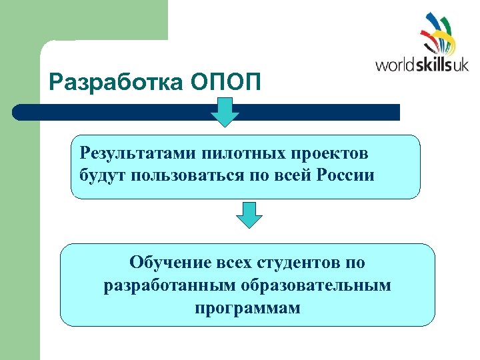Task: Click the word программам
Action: coord(247,308)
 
